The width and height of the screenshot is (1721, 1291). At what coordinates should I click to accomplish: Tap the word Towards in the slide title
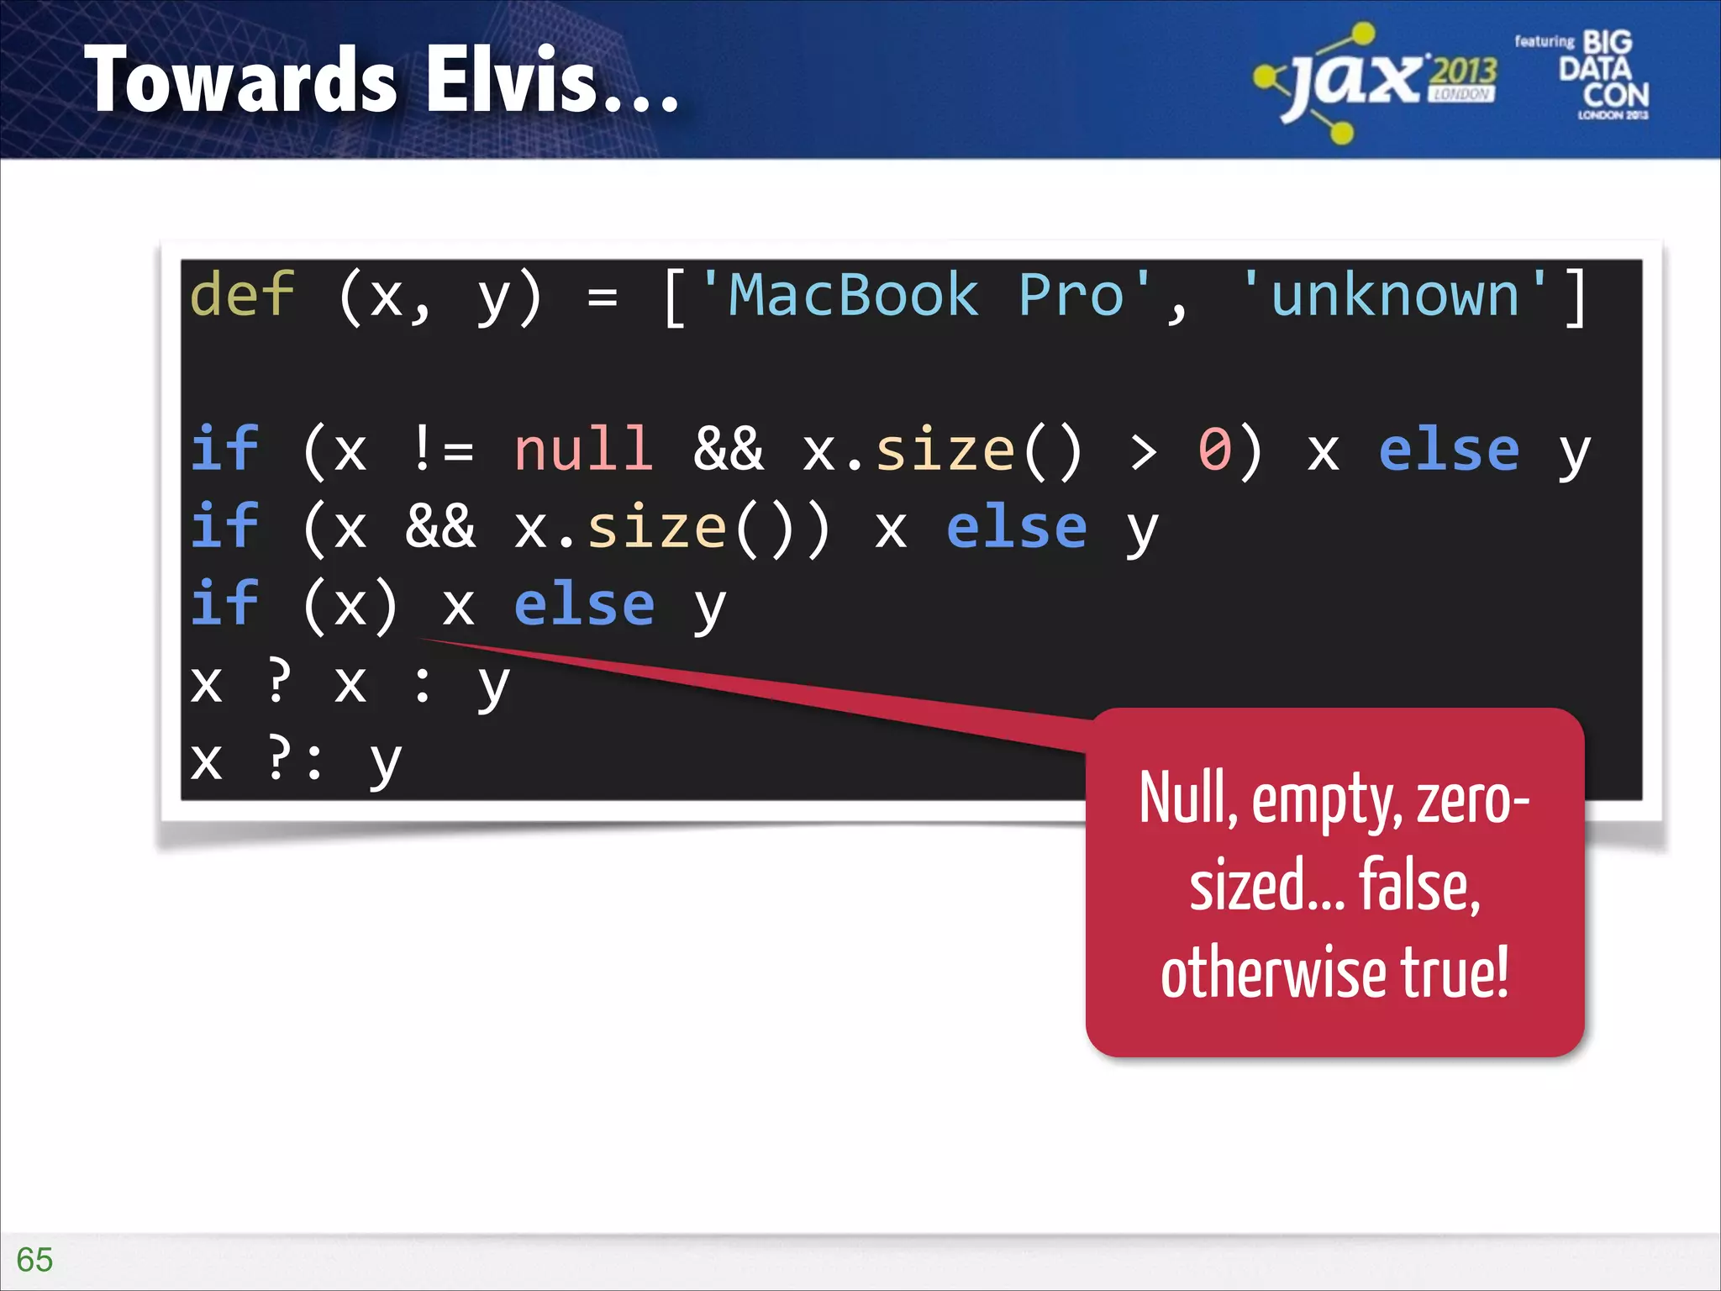coord(240,80)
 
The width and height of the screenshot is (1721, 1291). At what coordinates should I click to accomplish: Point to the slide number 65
coord(34,1259)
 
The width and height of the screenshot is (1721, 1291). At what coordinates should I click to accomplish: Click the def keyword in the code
coord(242,295)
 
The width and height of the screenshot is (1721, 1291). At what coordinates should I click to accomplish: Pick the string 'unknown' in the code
coord(1395,295)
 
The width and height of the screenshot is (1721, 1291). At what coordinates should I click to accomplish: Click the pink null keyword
coord(583,450)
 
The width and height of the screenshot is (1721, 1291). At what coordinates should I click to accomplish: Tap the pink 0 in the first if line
coord(1215,450)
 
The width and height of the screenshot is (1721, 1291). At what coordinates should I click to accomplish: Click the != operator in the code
coord(443,450)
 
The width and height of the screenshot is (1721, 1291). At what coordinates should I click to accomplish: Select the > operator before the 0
coord(1143,451)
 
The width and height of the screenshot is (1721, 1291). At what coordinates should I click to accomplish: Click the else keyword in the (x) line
coord(584,605)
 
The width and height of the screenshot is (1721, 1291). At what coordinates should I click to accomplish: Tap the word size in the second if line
coord(656,528)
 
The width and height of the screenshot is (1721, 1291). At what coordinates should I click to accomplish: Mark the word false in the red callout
coord(1419,886)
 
